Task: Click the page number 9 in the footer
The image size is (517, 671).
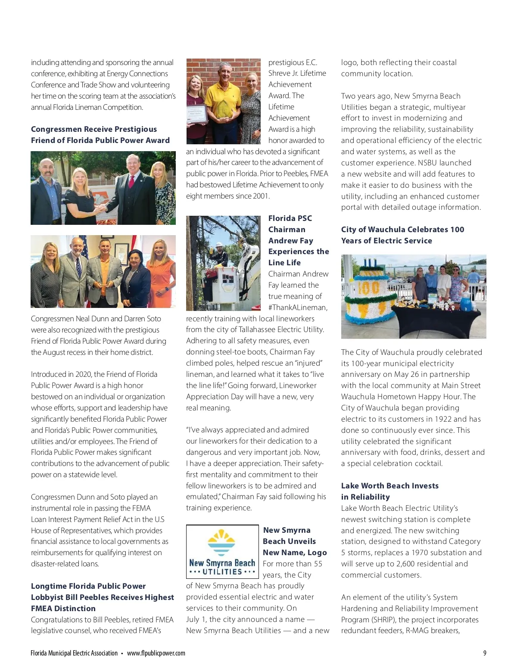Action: (x=485, y=653)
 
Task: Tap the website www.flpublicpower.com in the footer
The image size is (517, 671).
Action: (x=156, y=653)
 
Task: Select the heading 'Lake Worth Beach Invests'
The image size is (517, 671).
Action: (x=389, y=485)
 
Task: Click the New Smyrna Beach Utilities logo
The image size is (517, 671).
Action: (x=222, y=552)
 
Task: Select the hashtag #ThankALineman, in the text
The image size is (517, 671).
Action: (x=298, y=308)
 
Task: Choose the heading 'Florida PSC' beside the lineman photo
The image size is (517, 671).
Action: (x=290, y=218)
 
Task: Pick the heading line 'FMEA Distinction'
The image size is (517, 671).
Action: (x=63, y=608)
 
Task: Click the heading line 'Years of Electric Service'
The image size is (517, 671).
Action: (x=386, y=241)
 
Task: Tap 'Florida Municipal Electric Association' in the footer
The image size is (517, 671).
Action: (x=74, y=653)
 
